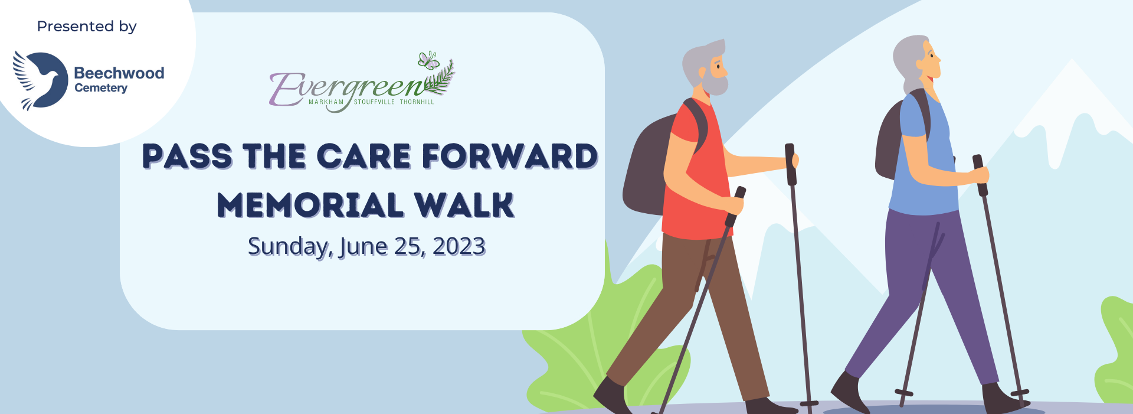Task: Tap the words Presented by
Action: click(87, 27)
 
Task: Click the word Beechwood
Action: click(119, 73)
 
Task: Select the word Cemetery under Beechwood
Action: click(101, 88)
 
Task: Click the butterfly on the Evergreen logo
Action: click(428, 60)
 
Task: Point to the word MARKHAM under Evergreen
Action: click(326, 102)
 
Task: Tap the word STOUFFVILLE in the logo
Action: click(374, 102)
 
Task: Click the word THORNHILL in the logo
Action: click(417, 102)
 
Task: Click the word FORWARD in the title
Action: click(510, 157)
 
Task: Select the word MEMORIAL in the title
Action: click(310, 205)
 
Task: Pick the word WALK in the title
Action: click(464, 205)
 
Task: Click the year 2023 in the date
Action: click(459, 246)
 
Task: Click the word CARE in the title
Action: click(364, 157)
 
